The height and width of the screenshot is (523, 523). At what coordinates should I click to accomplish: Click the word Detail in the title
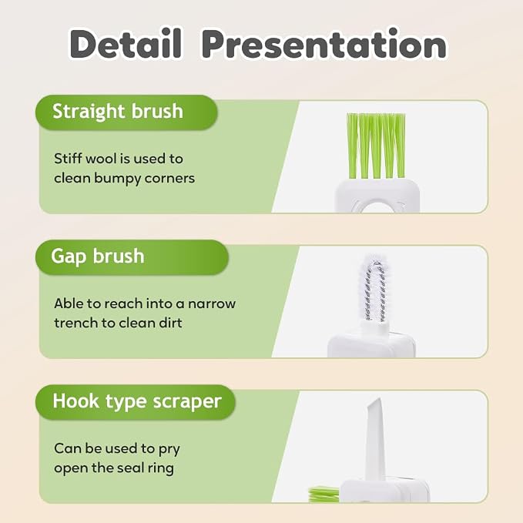tap(126, 44)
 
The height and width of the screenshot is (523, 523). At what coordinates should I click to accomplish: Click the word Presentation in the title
tap(324, 44)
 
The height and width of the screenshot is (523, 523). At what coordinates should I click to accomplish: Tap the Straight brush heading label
tap(118, 112)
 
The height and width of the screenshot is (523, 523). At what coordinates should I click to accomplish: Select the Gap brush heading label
tap(97, 256)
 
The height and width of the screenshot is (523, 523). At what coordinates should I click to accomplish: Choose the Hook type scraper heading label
tap(137, 401)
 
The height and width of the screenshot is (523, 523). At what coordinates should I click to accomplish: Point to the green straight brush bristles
tap(376, 146)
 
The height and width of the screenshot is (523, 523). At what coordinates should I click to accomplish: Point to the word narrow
tap(212, 303)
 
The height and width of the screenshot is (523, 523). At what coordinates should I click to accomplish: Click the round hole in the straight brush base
tap(377, 207)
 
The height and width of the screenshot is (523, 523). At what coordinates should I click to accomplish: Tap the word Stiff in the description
tap(68, 159)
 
